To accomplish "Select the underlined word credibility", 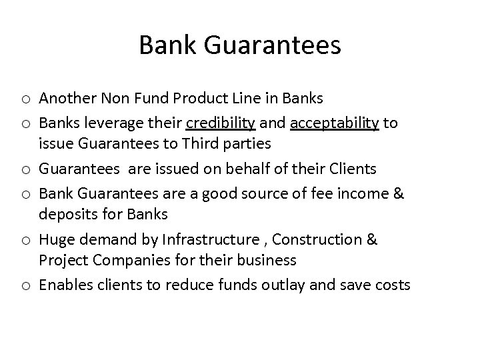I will [x=220, y=122].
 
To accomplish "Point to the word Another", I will [x=66, y=99].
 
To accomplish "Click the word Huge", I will [x=55, y=239].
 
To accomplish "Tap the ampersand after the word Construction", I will [x=371, y=239].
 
